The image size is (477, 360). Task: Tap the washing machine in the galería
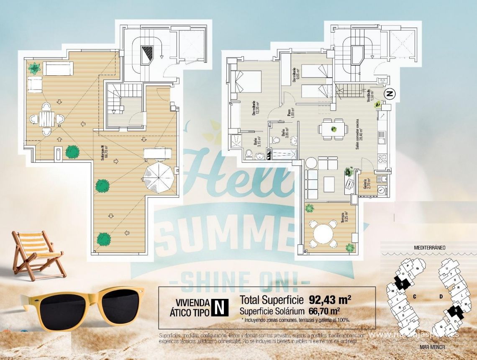click(382, 190)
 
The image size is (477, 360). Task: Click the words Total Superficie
click(272, 300)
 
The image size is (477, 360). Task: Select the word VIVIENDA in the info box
click(192, 303)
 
